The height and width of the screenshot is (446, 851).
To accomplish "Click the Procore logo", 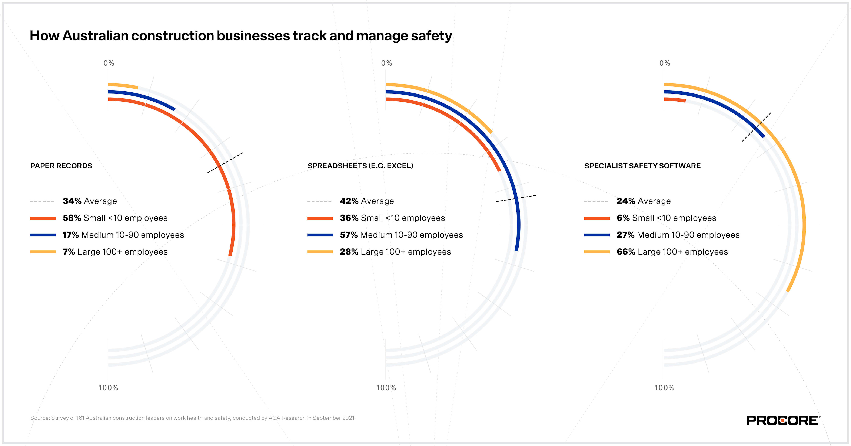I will [x=782, y=420].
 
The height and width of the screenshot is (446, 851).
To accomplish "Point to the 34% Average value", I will [x=72, y=201].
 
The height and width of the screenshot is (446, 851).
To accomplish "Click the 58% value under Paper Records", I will [x=72, y=218].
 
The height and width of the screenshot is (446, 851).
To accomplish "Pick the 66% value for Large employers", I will [x=626, y=252].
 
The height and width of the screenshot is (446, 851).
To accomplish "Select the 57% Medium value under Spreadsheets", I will [x=349, y=235].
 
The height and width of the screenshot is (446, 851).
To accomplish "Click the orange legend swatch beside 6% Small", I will [x=597, y=218].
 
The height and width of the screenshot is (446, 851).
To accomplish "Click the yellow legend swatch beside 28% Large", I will [x=320, y=252].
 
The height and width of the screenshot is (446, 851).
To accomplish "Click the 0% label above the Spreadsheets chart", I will [x=386, y=63].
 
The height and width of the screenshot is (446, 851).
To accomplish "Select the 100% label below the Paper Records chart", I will [x=108, y=388].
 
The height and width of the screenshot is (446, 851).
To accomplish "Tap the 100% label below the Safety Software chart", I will [x=664, y=388].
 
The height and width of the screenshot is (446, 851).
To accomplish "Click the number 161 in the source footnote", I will [x=80, y=418].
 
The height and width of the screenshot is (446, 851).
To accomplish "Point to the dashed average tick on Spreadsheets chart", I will [x=516, y=198].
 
